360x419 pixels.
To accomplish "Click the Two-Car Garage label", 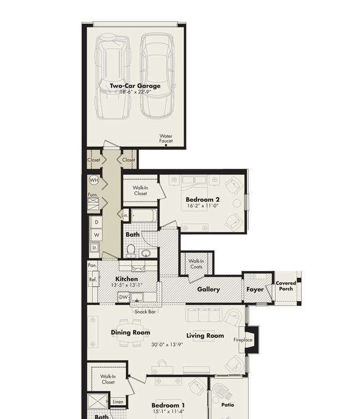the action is coord(135,86).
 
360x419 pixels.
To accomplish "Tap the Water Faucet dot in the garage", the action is coord(166,146).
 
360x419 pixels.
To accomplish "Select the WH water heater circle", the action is coord(94,180).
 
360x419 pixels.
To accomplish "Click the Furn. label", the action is coord(93,194).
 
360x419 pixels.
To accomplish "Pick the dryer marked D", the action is coord(96,222).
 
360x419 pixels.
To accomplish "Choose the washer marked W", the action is coord(96,235).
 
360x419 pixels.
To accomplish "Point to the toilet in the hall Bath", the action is coord(131,251).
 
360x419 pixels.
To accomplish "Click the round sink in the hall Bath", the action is coord(146,253).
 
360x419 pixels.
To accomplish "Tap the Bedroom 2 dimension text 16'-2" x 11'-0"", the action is coord(203,206).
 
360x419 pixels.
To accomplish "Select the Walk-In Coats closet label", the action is coord(196,264).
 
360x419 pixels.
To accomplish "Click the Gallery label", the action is coord(208,289).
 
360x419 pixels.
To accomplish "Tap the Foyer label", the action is coord(255,289).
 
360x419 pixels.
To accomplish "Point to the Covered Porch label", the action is coord(286,286).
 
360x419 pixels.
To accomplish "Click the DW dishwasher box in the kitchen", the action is coord(123,297).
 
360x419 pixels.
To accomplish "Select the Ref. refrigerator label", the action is coord(93,280).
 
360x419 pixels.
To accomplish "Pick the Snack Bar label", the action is coord(145,312).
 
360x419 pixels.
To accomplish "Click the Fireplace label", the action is coord(243,340).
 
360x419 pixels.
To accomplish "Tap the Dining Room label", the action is coord(131,333).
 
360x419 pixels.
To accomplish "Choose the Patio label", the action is coord(228,405).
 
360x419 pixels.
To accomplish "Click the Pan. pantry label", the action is coord(92,265).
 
